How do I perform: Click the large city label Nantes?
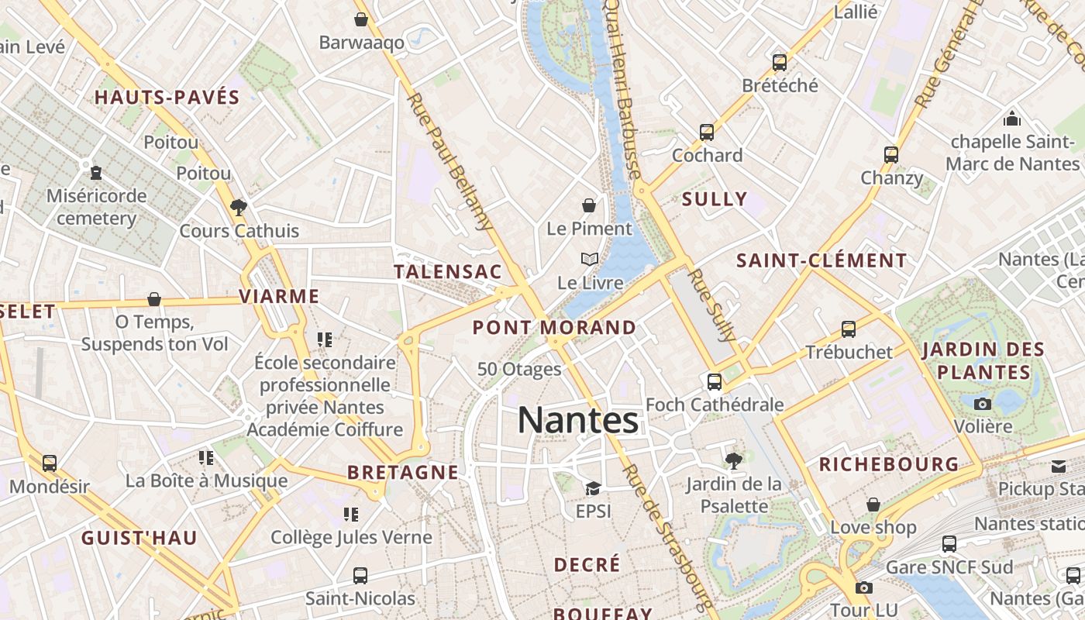coord(578,421)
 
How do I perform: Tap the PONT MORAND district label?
coord(554,327)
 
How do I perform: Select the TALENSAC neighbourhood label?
coord(448,272)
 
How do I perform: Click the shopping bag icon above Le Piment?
coord(589,205)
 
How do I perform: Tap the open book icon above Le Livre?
coord(590,259)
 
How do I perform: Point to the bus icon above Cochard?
coord(707,132)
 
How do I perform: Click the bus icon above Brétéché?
coord(780,62)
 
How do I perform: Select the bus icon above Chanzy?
coord(891,155)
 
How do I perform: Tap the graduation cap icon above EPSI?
coord(593,488)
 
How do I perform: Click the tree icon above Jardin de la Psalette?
coord(733,461)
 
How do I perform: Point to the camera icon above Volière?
coord(983,404)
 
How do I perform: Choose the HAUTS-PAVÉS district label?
coord(167,97)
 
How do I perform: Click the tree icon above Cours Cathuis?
coord(239,207)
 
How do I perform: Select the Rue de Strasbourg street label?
coord(666,535)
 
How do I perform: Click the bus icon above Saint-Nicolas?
coord(360,575)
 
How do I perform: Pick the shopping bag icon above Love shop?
coord(873,505)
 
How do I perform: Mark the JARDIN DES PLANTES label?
coord(983,360)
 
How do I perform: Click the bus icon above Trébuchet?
coord(849,329)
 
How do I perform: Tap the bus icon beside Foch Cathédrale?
coord(715,382)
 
